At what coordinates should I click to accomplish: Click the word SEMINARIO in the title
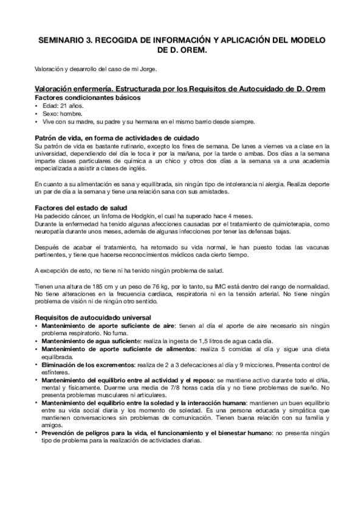tap(65, 40)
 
